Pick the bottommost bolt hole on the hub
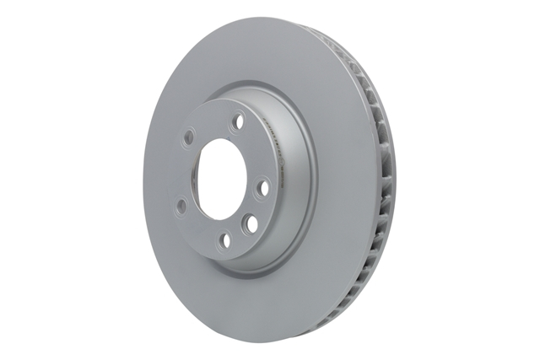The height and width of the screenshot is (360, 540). pos(224,241)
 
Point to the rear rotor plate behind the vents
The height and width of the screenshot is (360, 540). pos(385,169)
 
